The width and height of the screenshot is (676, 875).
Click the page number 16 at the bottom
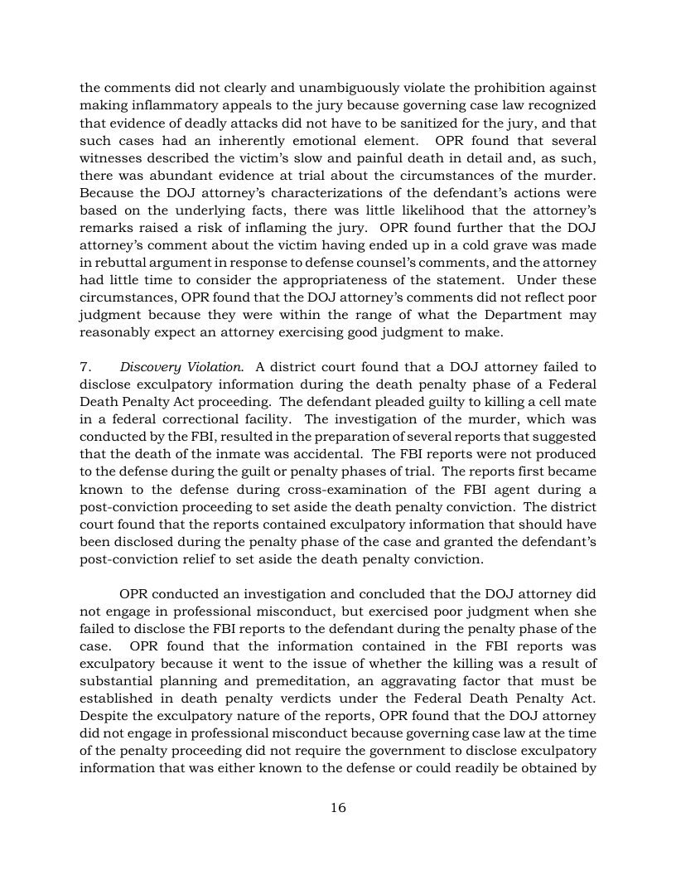pos(338,808)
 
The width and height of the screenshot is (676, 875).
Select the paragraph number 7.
pos(84,367)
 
